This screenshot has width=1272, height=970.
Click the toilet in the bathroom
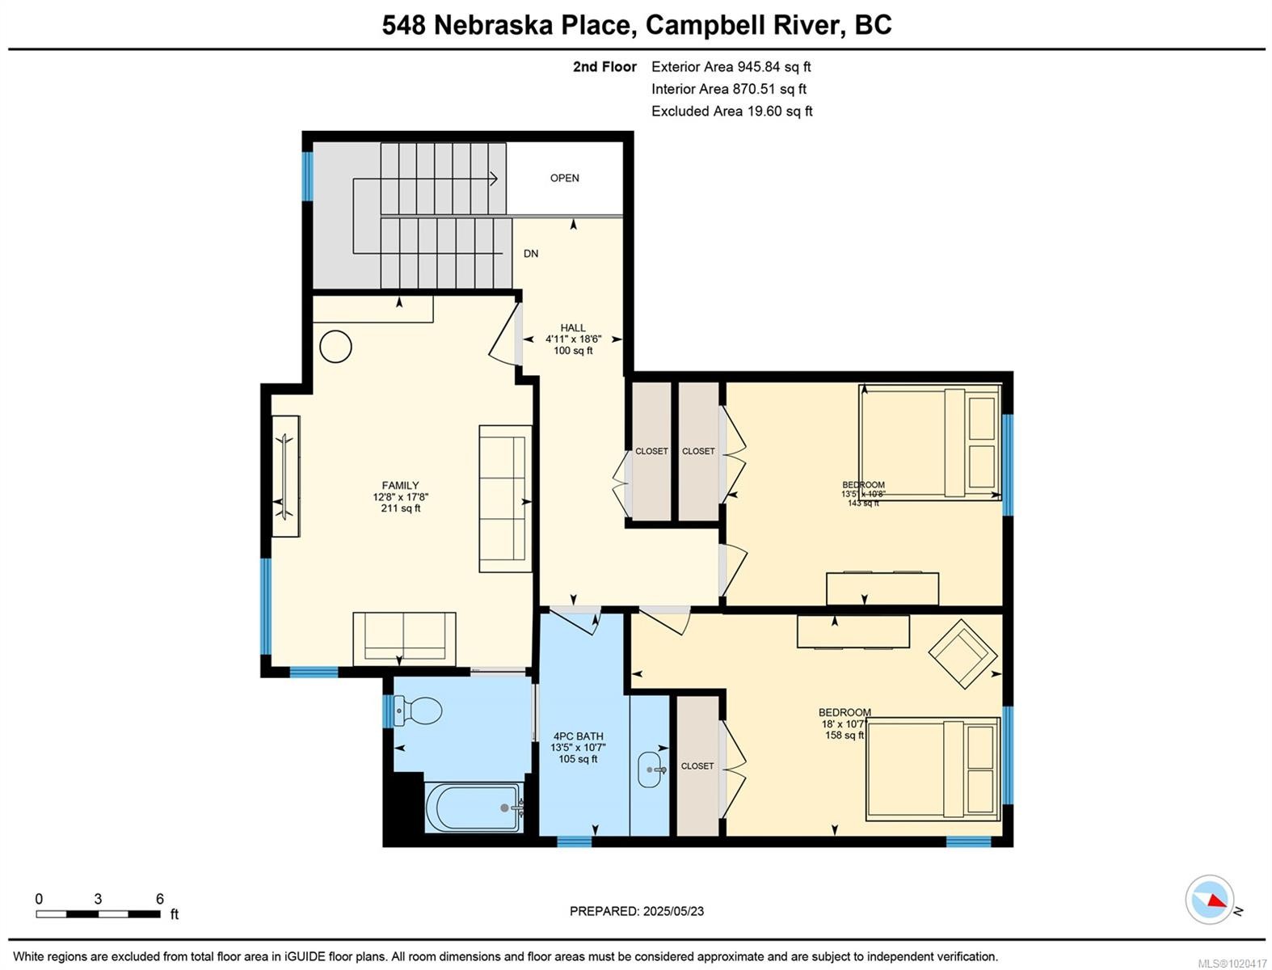click(x=419, y=711)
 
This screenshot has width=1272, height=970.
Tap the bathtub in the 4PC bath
click(x=474, y=807)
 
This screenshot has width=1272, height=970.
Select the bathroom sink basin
click(x=651, y=770)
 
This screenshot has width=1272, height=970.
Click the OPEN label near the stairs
click(x=564, y=178)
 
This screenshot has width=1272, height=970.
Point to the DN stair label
click(x=531, y=254)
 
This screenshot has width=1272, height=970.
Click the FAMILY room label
click(x=401, y=486)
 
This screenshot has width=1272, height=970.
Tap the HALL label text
click(x=573, y=328)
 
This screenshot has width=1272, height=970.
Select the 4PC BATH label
click(x=579, y=736)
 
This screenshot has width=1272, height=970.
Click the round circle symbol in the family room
click(x=336, y=347)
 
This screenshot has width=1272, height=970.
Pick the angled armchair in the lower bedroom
click(x=962, y=653)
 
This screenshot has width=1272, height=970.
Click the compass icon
click(x=1210, y=900)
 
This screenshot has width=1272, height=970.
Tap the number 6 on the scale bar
click(x=160, y=899)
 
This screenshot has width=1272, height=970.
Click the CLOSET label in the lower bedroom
click(x=697, y=765)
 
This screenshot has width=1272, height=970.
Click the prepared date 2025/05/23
click(x=673, y=911)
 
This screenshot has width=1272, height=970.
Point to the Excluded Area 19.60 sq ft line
click(x=731, y=112)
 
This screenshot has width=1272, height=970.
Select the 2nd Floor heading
click(x=604, y=67)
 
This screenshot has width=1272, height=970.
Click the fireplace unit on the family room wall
click(x=285, y=475)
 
